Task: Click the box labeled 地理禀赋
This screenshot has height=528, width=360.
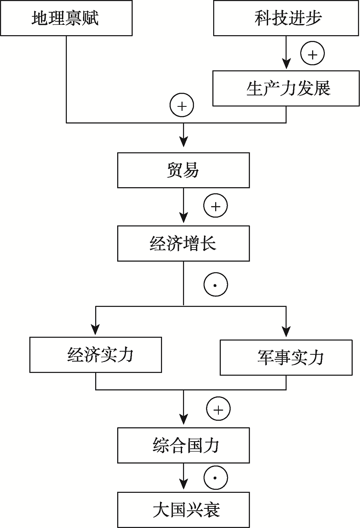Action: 66,18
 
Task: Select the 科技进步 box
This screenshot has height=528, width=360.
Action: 286,18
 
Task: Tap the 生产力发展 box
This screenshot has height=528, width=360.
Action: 286,88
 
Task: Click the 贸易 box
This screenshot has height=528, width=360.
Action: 184,170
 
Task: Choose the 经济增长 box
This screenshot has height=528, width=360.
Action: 184,244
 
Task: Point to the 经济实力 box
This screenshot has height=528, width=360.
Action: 96,355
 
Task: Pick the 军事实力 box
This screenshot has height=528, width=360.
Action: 286,357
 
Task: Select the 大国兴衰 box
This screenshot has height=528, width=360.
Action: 184,510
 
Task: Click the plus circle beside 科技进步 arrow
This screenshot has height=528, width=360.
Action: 313,53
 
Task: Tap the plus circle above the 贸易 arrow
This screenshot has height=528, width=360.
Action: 182,105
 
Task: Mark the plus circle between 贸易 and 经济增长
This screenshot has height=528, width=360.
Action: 216,206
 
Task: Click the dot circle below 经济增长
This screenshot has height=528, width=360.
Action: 216,284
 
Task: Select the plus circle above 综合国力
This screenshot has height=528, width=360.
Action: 218,409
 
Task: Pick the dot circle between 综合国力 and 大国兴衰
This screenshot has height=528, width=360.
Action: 216,478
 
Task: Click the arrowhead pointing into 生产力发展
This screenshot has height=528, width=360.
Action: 286,64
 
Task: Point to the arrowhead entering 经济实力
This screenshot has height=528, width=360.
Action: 96,330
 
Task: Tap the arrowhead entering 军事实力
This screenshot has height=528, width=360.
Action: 286,332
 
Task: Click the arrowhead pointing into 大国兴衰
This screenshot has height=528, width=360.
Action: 184,485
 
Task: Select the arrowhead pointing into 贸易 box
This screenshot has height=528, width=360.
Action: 184,142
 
